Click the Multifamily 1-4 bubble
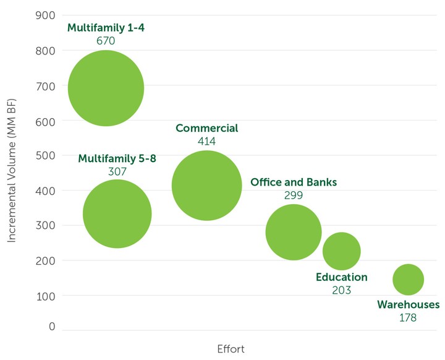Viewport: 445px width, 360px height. click(106, 88)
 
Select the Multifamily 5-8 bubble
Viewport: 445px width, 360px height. click(117, 214)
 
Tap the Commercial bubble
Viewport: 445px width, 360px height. click(206, 186)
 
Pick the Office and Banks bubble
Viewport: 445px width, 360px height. click(294, 232)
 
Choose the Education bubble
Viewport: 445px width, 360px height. click(341, 251)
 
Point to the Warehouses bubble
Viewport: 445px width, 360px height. click(408, 280)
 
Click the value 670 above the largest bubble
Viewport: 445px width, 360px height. click(106, 41)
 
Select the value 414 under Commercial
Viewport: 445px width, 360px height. click(206, 142)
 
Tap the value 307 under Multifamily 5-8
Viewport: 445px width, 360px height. click(117, 172)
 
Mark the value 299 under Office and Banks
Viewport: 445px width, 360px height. click(294, 195)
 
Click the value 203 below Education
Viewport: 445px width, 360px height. click(341, 290)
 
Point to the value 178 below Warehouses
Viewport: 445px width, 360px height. click(408, 318)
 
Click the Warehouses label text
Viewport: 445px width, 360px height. click(408, 304)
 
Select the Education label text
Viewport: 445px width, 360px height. click(341, 277)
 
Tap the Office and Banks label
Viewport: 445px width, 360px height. click(294, 182)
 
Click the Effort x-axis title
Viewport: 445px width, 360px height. click(231, 349)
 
